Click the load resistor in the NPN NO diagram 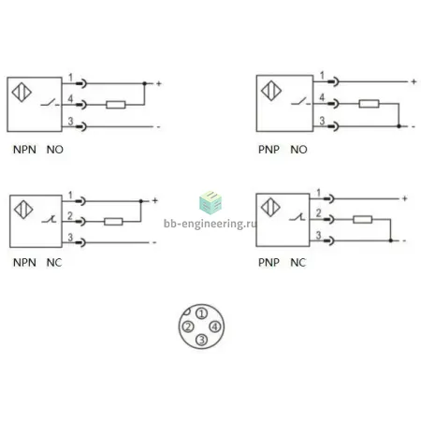pos(116,105)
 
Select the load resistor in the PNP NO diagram pos(369,104)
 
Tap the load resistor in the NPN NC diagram pos(113,222)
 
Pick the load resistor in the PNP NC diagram pos(362,220)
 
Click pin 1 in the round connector pos(202,313)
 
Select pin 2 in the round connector pos(188,327)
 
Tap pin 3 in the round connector pos(201,340)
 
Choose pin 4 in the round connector pos(215,327)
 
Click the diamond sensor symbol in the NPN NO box pos(22,93)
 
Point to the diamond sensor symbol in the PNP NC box pos(270,208)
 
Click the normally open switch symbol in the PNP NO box pos(300,102)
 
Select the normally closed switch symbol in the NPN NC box pos(50,219)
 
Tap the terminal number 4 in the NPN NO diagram pos(70,98)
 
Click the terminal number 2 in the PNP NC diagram pos(318,213)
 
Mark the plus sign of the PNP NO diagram pos(414,81)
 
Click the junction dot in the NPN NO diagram pos(144,83)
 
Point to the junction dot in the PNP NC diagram pos(390,240)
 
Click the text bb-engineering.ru pos(210,224)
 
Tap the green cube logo pos(210,203)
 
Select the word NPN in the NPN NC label pos(24,263)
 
